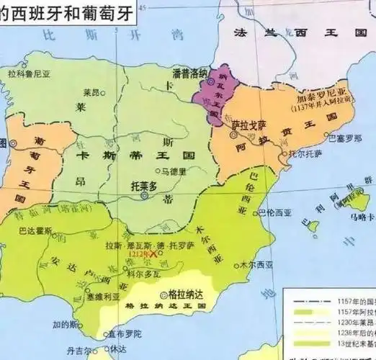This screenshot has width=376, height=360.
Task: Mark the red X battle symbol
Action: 151,254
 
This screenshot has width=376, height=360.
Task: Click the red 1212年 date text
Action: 134,254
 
